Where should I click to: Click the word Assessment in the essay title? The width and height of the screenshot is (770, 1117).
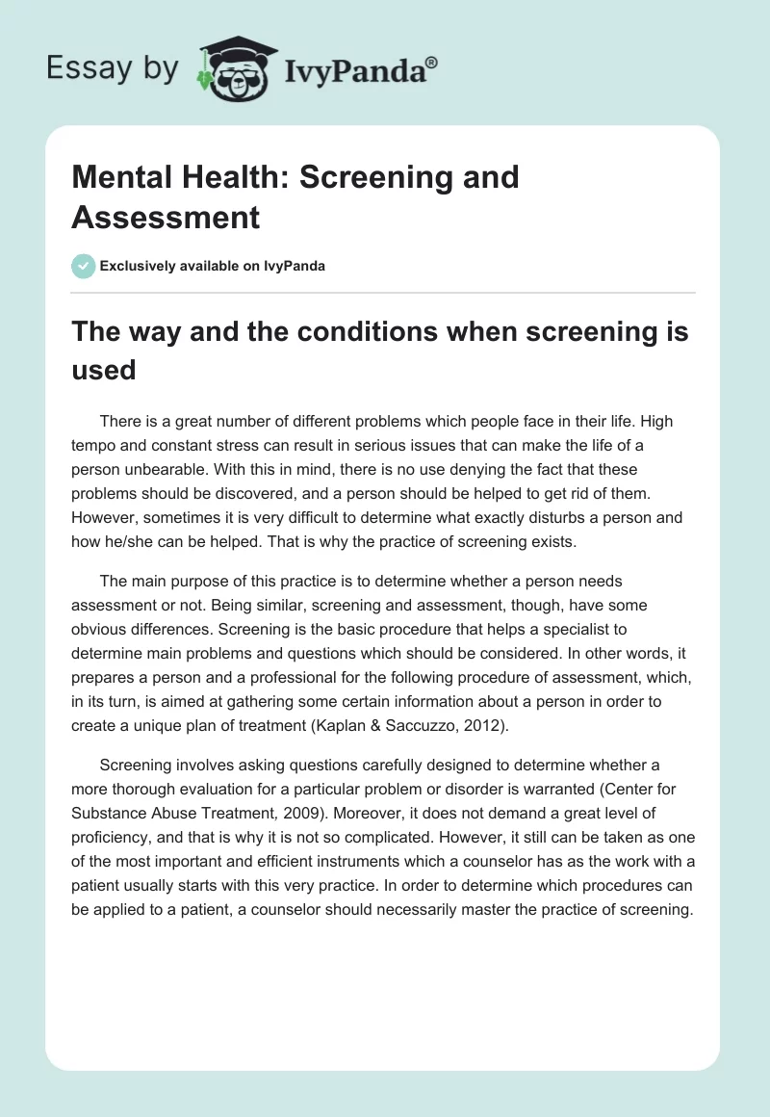166,218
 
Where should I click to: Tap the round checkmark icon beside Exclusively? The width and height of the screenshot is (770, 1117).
84,266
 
